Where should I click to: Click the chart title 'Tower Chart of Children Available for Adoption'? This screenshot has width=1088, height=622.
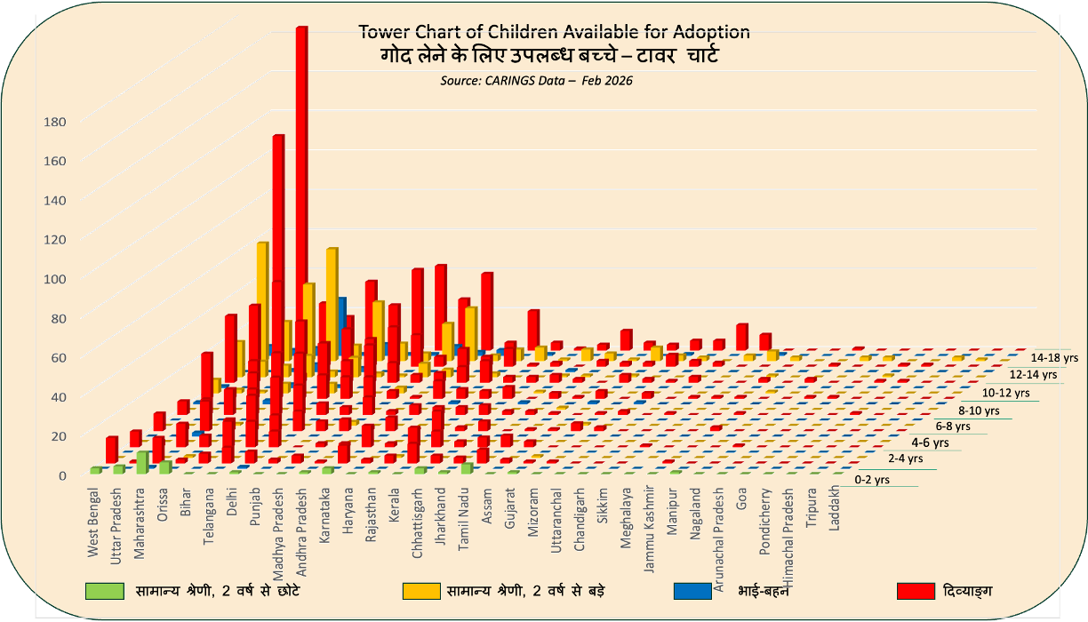point(554,32)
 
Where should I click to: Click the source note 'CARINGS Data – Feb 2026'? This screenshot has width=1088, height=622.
point(536,80)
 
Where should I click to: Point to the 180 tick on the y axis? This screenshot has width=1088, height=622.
point(55,122)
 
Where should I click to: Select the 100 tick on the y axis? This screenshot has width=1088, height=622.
point(55,279)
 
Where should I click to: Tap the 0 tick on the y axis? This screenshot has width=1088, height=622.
point(62,475)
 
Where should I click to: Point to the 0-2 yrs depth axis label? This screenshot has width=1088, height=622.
point(872,480)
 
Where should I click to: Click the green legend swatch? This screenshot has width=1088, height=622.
point(104,591)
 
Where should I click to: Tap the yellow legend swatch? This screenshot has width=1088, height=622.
point(421,591)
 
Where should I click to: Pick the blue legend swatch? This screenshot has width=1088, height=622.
point(692,591)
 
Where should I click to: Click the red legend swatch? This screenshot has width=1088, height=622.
point(916,591)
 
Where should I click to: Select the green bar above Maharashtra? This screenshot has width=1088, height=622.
point(142,462)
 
